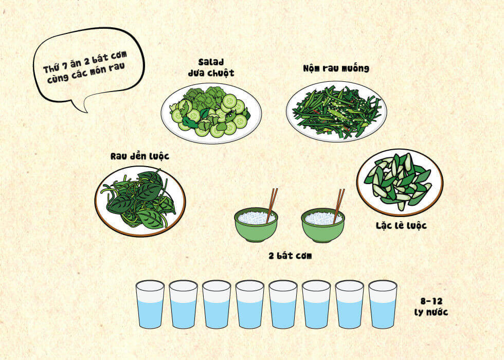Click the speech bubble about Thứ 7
[x=88, y=67]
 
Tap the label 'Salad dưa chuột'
[x=211, y=67]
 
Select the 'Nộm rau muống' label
[x=336, y=68]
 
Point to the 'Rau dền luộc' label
[x=140, y=156]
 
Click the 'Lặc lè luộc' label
[x=402, y=226]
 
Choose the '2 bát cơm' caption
[x=290, y=256]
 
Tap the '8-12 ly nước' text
[x=431, y=307]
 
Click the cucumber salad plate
[x=211, y=113]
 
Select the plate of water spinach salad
[x=336, y=111]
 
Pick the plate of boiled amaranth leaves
[x=140, y=201]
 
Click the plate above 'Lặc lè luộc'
[x=400, y=182]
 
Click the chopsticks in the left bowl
[x=272, y=206]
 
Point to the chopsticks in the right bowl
[x=339, y=206]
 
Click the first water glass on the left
[x=150, y=304]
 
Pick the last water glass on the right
[x=383, y=304]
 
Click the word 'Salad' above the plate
[x=211, y=62]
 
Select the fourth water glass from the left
[x=250, y=304]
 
